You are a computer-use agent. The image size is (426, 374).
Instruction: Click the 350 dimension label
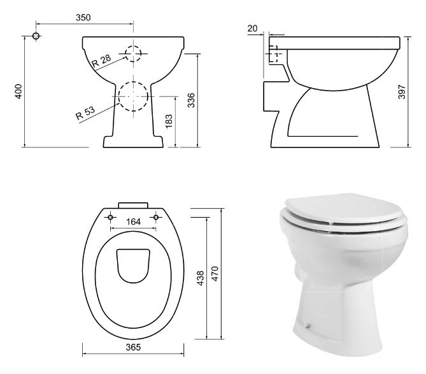tap(83, 17)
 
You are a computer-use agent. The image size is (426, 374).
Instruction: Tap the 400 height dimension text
tap(18, 91)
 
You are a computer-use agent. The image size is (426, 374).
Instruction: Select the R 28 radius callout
tap(102, 61)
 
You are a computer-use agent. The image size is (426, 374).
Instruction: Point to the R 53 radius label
tap(85, 112)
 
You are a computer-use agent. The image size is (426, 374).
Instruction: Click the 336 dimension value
tap(191, 100)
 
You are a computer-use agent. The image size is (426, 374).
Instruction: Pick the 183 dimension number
tap(169, 121)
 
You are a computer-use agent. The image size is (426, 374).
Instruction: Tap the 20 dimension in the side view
tap(252, 28)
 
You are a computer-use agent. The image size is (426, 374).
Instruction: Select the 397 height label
tap(402, 92)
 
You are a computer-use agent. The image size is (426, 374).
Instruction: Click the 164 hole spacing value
tap(133, 221)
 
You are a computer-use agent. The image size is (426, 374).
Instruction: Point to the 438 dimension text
tap(201, 278)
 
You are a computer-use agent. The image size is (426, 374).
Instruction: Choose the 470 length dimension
tap(215, 274)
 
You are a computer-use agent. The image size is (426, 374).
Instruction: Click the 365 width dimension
tap(133, 347)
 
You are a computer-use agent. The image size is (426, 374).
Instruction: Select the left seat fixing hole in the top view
tap(110, 217)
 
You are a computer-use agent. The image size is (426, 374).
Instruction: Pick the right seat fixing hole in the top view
tap(156, 217)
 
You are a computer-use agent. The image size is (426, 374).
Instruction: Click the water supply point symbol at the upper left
tap(36, 36)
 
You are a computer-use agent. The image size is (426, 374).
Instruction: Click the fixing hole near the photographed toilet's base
tap(308, 325)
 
